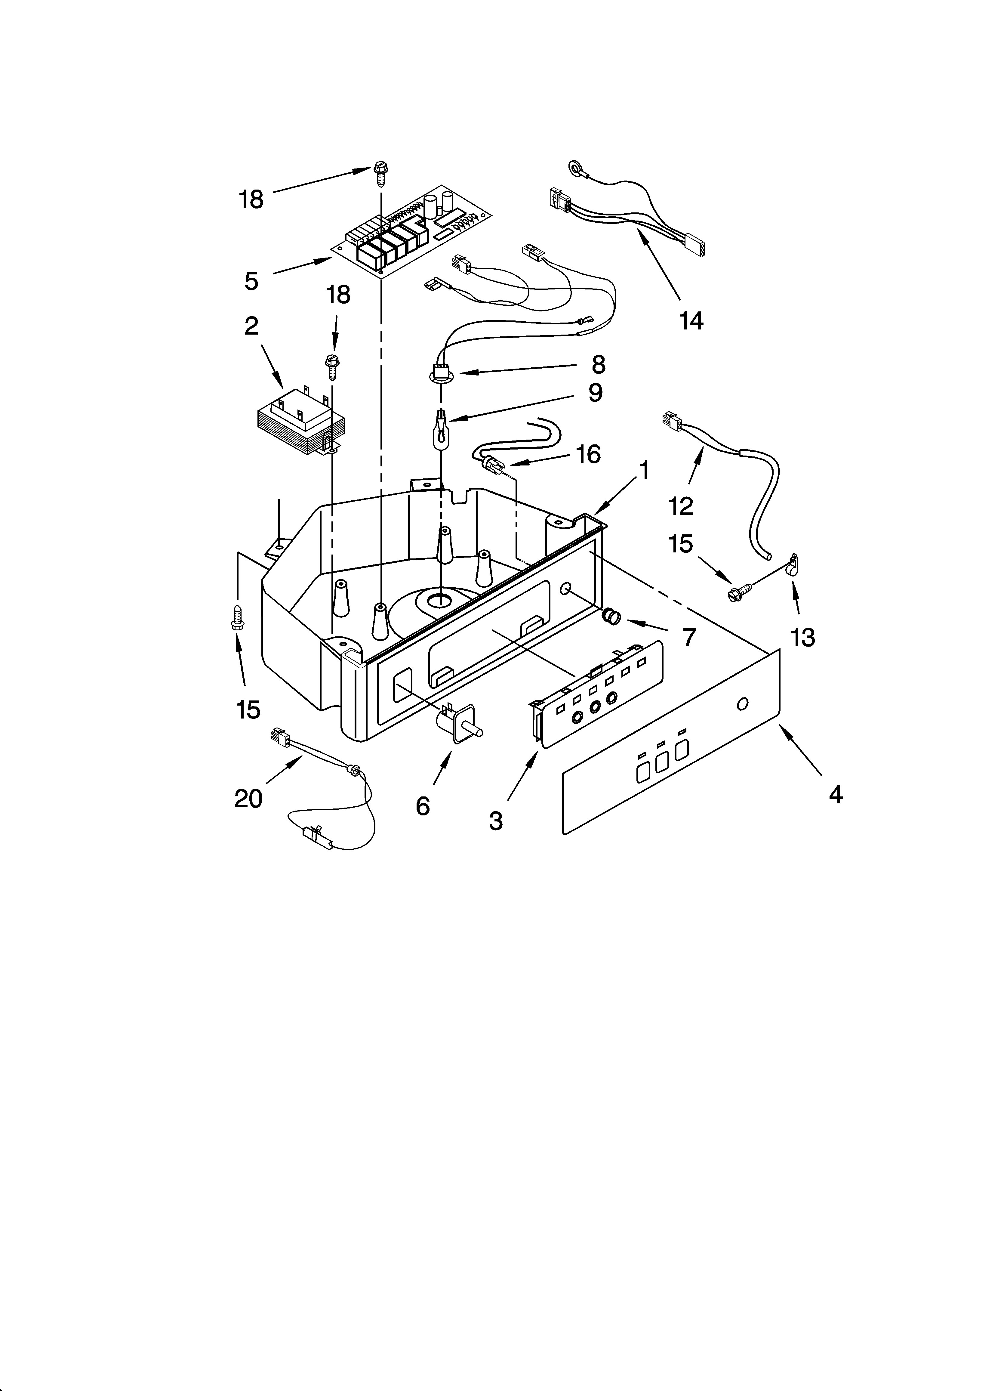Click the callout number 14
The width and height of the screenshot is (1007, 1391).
(x=691, y=320)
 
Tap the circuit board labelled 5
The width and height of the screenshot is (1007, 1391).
(x=412, y=230)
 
